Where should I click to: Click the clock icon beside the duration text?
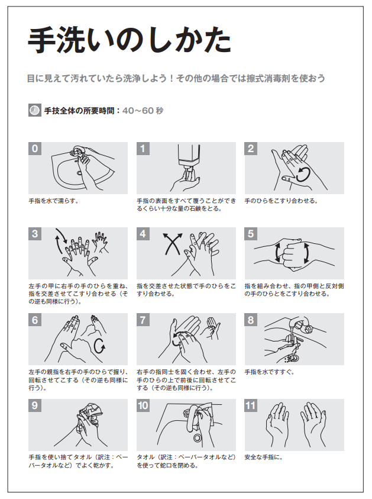coord(35,110)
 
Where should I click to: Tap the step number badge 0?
coord(35,149)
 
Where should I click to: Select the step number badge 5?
coord(251,234)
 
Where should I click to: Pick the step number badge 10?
coord(143,405)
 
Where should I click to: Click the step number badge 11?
coord(251,405)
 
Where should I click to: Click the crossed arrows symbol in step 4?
coord(173,244)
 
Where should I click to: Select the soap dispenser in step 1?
coord(189,160)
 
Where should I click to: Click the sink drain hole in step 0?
coord(79,173)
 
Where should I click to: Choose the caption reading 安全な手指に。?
coord(264,458)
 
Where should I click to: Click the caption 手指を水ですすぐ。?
coord(269,372)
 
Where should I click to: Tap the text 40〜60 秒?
coord(143,111)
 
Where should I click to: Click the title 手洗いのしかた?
coord(130,40)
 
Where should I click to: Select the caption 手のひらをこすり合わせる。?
coord(281,201)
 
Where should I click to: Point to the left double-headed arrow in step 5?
coord(277,253)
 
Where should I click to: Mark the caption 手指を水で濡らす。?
coord(54,201)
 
